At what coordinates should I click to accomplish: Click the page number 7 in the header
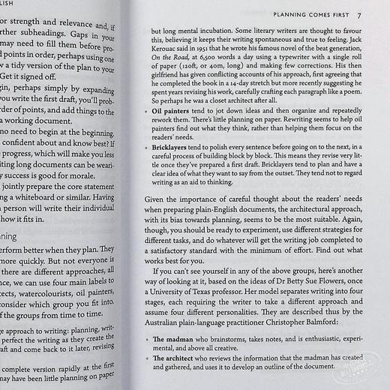(x=360, y=14)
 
